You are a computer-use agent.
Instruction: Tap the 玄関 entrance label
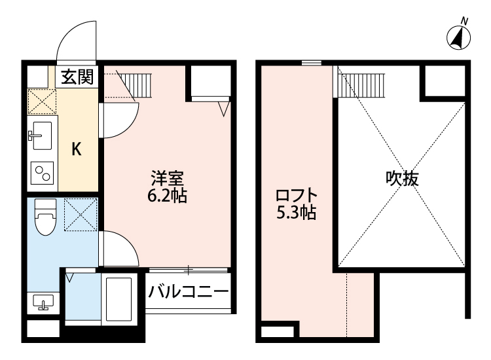pyautogui.click(x=77, y=77)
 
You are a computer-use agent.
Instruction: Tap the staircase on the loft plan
pyautogui.click(x=359, y=82)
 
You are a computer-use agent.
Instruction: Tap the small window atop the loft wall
pyautogui.click(x=312, y=63)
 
